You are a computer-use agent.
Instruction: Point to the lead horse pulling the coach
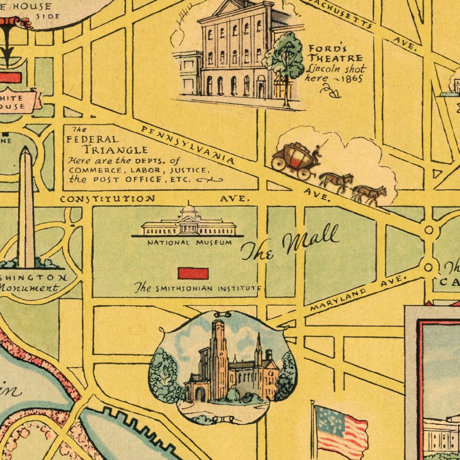click(370, 195)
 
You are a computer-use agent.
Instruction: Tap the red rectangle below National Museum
click(193, 273)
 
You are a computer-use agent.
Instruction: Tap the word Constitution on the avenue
click(107, 199)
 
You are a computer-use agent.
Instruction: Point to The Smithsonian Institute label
click(198, 289)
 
